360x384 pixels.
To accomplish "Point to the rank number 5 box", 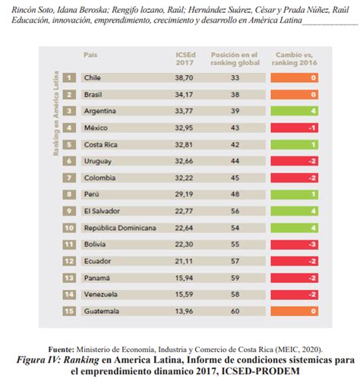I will click(x=69, y=144).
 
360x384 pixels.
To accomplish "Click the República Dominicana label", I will click(x=119, y=228).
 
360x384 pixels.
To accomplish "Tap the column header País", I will click(x=90, y=55).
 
